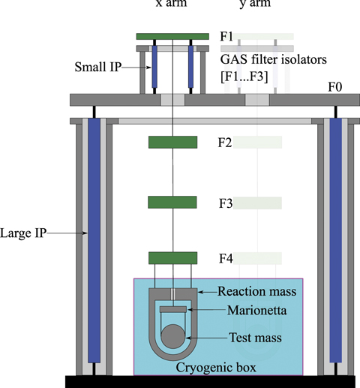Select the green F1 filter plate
(x=172, y=36)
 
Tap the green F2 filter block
(x=172, y=142)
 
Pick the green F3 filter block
(x=172, y=202)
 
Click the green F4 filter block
(x=172, y=258)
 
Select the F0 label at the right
(x=335, y=88)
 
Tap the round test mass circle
(x=172, y=335)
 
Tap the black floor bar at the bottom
(x=180, y=381)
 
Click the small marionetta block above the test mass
(x=172, y=309)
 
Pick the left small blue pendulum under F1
(x=154, y=68)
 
